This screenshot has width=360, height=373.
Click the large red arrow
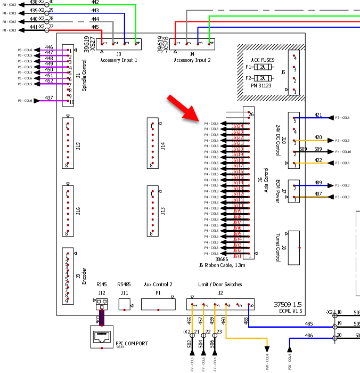pyautogui.click(x=183, y=109)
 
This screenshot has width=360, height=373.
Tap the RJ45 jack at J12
pyautogui.click(x=101, y=304)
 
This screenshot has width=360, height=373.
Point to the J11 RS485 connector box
pyautogui.click(x=125, y=304)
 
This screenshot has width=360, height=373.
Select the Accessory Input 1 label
pyautogui.click(x=119, y=60)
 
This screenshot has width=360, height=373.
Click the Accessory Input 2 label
pyautogui.click(x=192, y=60)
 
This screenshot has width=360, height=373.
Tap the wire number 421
pyautogui.click(x=318, y=115)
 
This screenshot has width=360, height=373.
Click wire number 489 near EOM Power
pyautogui.click(x=318, y=182)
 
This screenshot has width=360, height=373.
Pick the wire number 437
pyautogui.click(x=49, y=98)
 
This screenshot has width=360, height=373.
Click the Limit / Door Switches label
pyautogui.click(x=220, y=285)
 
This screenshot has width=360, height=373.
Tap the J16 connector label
pyautogui.click(x=78, y=211)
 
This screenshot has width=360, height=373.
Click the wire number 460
pyautogui.click(x=223, y=321)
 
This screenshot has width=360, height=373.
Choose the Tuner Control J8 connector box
pyautogui.click(x=293, y=247)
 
